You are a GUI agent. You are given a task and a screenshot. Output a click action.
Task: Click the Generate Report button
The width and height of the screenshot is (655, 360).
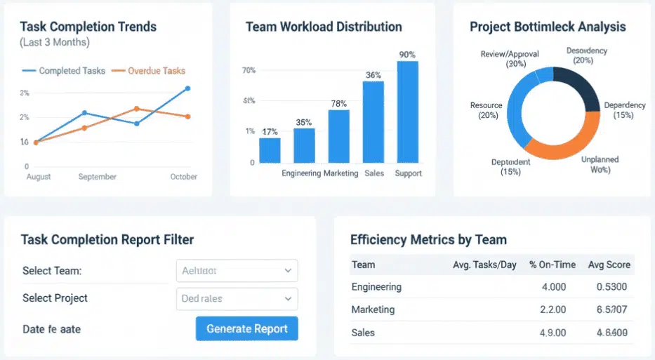[246, 328]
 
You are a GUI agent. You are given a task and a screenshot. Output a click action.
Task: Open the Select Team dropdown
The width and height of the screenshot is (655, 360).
[235, 270]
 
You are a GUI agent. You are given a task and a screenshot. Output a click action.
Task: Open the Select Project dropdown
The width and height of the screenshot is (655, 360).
[235, 298]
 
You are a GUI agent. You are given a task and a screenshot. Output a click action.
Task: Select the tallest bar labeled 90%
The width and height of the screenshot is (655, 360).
[407, 112]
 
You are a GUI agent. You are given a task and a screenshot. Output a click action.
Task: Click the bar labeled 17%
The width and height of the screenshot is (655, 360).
[270, 150]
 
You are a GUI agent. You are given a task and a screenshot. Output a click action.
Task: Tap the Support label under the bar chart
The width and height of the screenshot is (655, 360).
[408, 173]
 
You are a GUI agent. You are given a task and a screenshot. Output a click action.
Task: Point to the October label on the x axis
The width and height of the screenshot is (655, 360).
[183, 177]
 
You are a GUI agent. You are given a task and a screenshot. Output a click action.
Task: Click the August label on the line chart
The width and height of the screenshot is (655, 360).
[38, 177]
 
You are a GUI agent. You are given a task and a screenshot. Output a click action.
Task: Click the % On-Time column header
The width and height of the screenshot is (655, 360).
[553, 265]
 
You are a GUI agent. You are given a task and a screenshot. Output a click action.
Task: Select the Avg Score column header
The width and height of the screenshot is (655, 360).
[609, 265]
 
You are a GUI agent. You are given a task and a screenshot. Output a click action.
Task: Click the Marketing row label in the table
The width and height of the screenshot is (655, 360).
[373, 309]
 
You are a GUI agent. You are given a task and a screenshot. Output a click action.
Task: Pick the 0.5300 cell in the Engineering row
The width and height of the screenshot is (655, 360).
[611, 286]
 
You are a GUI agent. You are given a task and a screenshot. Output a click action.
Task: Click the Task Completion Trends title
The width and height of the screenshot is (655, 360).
[88, 27]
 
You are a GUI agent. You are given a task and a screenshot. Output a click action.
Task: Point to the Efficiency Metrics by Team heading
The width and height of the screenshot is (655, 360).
[428, 239]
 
